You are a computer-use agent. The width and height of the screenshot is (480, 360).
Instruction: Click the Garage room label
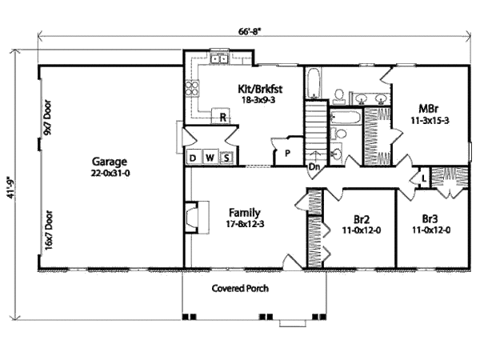106,160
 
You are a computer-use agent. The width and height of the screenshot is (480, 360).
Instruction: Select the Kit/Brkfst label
261,89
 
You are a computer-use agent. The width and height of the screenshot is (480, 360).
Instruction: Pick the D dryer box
193,158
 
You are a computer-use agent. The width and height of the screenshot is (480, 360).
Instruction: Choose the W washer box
210,158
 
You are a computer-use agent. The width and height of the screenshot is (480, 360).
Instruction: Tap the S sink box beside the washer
226,158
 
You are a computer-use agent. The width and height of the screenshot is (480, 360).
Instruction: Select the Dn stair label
315,167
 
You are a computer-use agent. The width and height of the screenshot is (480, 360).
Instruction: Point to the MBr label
425,108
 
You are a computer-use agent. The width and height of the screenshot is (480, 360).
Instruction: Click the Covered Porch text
240,288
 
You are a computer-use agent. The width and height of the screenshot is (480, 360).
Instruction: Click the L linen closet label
422,177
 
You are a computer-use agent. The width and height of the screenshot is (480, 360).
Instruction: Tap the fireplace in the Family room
190,216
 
